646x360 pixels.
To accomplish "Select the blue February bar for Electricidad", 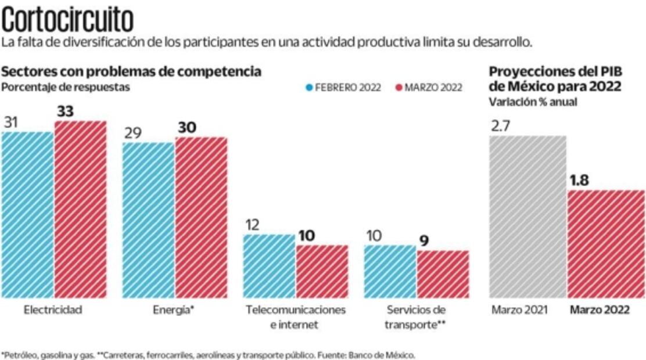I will click(x=27, y=215).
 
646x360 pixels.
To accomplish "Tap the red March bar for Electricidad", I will click(x=81, y=209).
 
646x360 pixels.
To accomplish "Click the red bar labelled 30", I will click(x=202, y=218).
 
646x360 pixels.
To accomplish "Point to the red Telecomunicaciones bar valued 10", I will click(x=322, y=271).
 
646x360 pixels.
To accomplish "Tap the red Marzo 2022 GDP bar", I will click(x=606, y=244).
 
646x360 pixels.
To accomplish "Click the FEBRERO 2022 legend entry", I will click(x=343, y=88).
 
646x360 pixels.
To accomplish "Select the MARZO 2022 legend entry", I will click(x=429, y=88).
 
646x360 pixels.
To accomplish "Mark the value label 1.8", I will click(x=579, y=180).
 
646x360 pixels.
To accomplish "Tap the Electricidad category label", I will click(x=53, y=310).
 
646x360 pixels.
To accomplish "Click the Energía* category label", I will click(x=173, y=310).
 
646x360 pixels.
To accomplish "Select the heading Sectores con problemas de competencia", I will click(x=131, y=72).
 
